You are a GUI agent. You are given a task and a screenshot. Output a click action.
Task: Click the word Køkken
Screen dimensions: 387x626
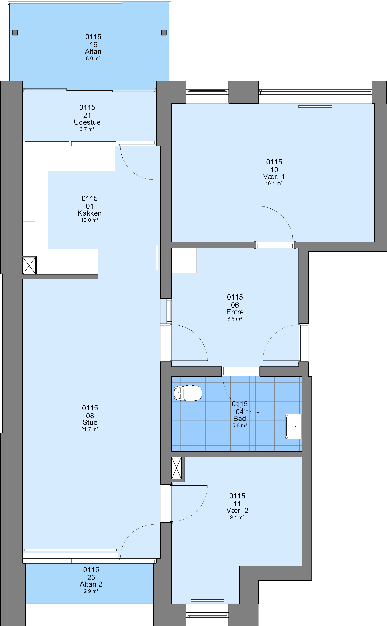[90, 213]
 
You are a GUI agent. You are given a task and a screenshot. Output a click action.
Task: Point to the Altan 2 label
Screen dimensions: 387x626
[91, 584]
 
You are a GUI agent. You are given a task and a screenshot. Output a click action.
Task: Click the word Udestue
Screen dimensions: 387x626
[87, 122]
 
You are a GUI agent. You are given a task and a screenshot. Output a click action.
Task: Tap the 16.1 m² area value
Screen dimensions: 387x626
[274, 183]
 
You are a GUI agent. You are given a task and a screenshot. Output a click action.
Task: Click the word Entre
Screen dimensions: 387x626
[235, 312]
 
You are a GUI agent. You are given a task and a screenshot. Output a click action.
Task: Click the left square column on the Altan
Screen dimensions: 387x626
[15, 33]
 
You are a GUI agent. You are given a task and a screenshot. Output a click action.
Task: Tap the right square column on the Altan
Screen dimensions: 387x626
[164, 33]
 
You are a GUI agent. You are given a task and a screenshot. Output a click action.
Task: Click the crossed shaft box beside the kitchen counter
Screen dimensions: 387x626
[29, 265]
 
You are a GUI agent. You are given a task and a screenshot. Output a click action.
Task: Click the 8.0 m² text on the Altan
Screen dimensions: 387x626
[93, 58]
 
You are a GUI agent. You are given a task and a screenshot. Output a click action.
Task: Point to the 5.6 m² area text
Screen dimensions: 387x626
[240, 425]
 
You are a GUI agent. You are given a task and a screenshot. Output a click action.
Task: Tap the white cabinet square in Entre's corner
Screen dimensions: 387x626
[184, 261]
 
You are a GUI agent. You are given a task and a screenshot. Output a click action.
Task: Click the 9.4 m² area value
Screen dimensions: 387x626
[237, 517]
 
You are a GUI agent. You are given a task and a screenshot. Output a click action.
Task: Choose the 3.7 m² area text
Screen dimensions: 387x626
[87, 129]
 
